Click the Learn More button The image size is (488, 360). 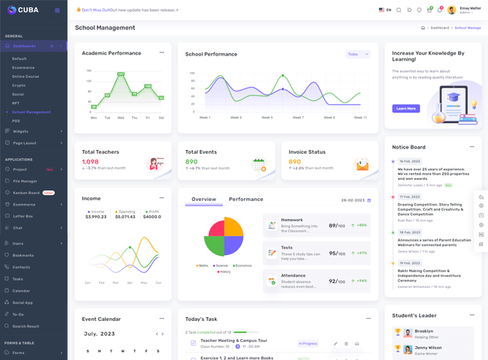[x=405, y=109]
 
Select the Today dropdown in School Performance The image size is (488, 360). [x=357, y=54]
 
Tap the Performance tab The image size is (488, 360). [x=246, y=199]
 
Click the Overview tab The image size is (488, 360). [x=203, y=199]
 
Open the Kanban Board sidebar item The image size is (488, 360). [x=27, y=193]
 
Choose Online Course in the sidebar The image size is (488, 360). [x=26, y=76]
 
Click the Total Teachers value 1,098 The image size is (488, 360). [x=90, y=162]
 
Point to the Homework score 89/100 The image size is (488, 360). [x=336, y=225]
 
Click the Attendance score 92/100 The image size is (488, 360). [x=336, y=281]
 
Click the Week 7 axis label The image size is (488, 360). [x=298, y=118]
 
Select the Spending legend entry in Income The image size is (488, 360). [x=127, y=211]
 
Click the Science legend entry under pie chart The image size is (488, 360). [x=221, y=265]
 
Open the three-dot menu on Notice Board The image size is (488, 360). [x=471, y=147]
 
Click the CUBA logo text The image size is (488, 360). [x=28, y=10]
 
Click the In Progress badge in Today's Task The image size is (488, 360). [x=308, y=343]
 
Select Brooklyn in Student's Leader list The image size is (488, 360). [x=424, y=331]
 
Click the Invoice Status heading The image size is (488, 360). [x=307, y=152]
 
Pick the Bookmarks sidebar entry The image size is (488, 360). [x=23, y=256]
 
